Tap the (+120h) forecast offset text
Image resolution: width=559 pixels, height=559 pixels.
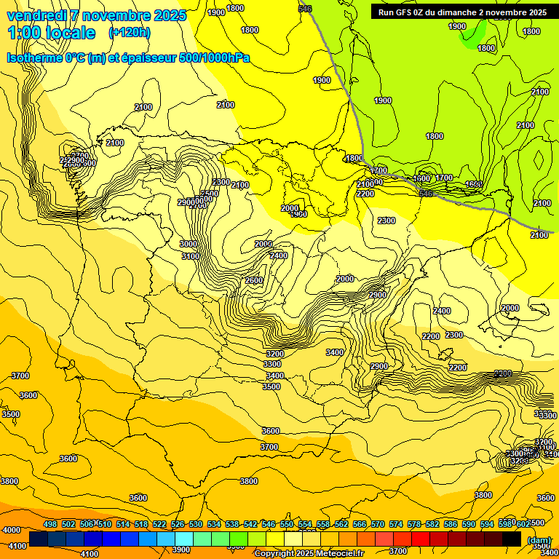(x=130, y=32)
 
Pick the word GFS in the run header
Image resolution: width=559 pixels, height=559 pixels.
(x=405, y=12)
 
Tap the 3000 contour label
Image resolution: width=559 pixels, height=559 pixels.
(x=189, y=244)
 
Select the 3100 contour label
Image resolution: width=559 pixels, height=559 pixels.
(x=191, y=256)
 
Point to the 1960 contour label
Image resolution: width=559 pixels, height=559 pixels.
(x=298, y=214)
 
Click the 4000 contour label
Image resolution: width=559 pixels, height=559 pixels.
(x=12, y=530)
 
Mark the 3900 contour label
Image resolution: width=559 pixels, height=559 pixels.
(x=181, y=550)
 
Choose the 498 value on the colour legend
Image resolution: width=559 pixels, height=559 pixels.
(x=50, y=524)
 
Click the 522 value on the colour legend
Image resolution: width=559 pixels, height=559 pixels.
(x=159, y=524)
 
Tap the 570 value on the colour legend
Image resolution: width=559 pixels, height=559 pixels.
(x=378, y=524)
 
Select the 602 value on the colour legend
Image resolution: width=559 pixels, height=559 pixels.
(x=523, y=524)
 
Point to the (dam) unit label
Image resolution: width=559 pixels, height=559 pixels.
(x=539, y=540)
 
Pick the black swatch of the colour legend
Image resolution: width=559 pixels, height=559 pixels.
(x=511, y=539)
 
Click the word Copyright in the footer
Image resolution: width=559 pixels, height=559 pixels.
(x=274, y=554)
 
